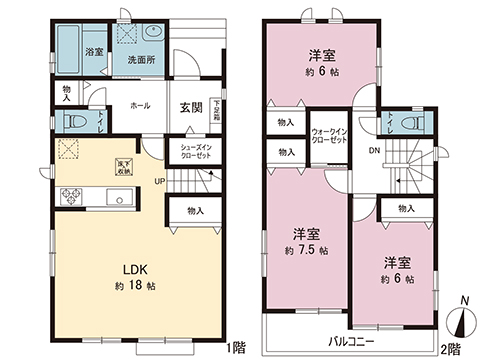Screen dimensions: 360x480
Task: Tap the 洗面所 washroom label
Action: click(x=138, y=58)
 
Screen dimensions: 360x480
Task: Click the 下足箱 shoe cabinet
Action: click(x=216, y=111)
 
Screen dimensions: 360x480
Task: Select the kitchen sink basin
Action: click(x=118, y=198)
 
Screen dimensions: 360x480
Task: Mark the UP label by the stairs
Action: click(x=159, y=181)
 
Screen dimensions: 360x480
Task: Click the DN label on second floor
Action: click(x=374, y=152)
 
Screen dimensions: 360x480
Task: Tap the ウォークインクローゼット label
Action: click(x=329, y=138)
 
